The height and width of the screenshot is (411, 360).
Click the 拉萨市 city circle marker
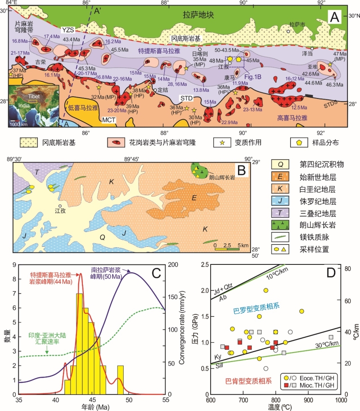(288, 31)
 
